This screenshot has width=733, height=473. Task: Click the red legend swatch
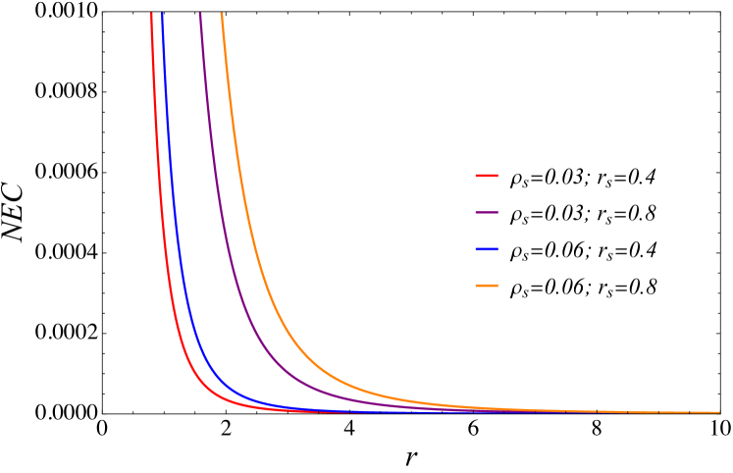487,176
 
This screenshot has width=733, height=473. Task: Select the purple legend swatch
487,212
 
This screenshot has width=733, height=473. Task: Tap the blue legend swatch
487,249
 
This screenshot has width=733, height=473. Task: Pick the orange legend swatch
487,286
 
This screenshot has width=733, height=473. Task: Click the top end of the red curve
151,14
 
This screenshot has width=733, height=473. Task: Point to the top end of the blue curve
162,14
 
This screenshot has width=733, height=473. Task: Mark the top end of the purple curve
200,14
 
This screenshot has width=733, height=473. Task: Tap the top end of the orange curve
222,14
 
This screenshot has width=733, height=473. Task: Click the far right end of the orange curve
719,412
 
